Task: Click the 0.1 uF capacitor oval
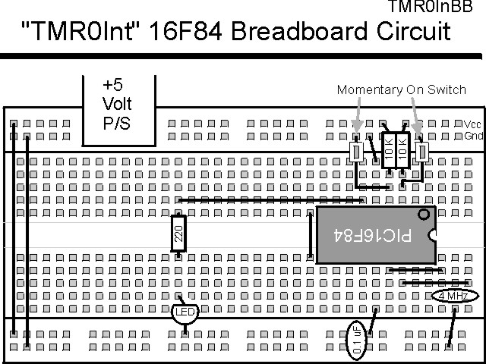pos(357,339)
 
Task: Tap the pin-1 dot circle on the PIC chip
pos(424,215)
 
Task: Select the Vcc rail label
pos(472,124)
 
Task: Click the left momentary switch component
pos(355,152)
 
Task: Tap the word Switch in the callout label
pos(447,90)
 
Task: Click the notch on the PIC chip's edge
pos(434,236)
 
